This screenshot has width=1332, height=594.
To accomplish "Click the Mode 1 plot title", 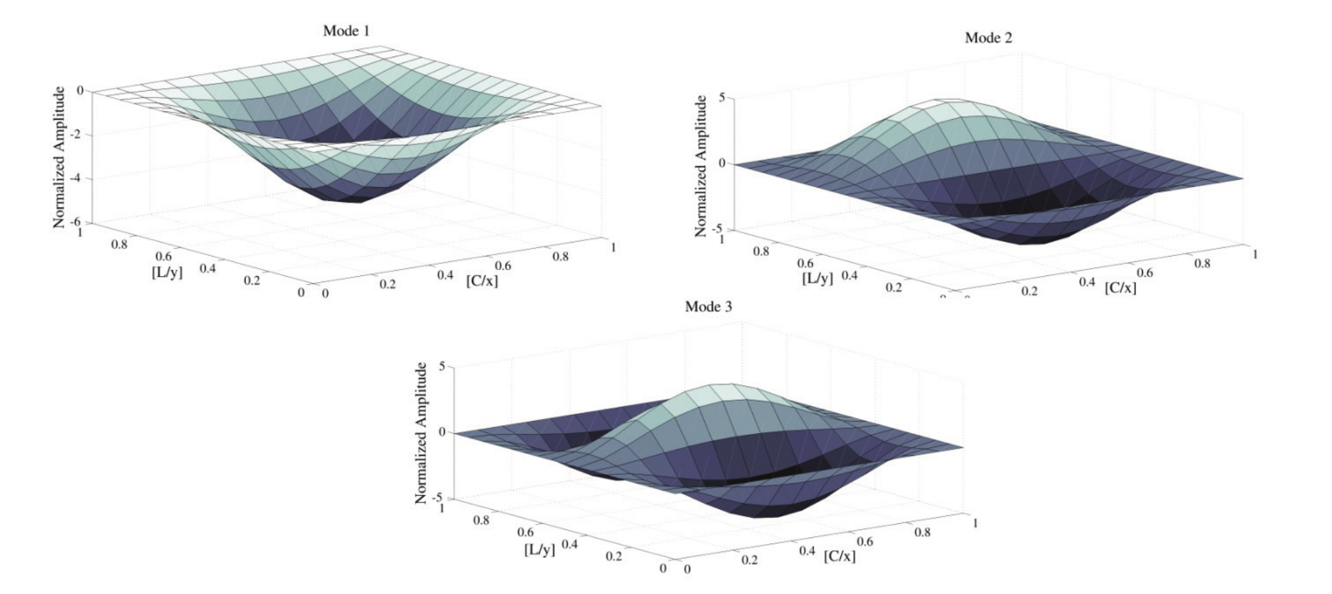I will coord(346,31).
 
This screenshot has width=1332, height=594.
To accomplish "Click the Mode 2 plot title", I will coord(988,38).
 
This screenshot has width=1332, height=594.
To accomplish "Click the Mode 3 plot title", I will coord(708,306).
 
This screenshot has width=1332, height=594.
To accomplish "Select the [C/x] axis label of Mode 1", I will coord(482,281).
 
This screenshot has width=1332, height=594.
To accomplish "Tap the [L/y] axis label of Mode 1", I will coord(167,272).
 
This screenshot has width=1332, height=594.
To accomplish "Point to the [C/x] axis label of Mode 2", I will coord(1120,288).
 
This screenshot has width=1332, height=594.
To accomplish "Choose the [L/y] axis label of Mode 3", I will coord(539,550).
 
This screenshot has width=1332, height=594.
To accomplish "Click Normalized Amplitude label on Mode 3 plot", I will coord(422,433).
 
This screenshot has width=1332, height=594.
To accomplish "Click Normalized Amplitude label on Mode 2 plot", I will coord(700,166).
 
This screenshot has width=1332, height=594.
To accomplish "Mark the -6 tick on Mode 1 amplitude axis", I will coord(77,222).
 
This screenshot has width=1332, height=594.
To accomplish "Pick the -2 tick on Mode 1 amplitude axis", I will coord(78,135).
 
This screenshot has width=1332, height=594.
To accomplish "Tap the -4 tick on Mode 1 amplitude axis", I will coord(78,178).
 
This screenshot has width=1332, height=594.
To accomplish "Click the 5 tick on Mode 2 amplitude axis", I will coord(722,98).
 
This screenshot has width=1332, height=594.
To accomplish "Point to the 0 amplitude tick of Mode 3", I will coord(442,432).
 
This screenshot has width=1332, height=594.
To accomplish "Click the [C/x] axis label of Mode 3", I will coord(839,556).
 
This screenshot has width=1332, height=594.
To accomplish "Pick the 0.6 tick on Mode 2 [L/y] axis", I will coord(805,263).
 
